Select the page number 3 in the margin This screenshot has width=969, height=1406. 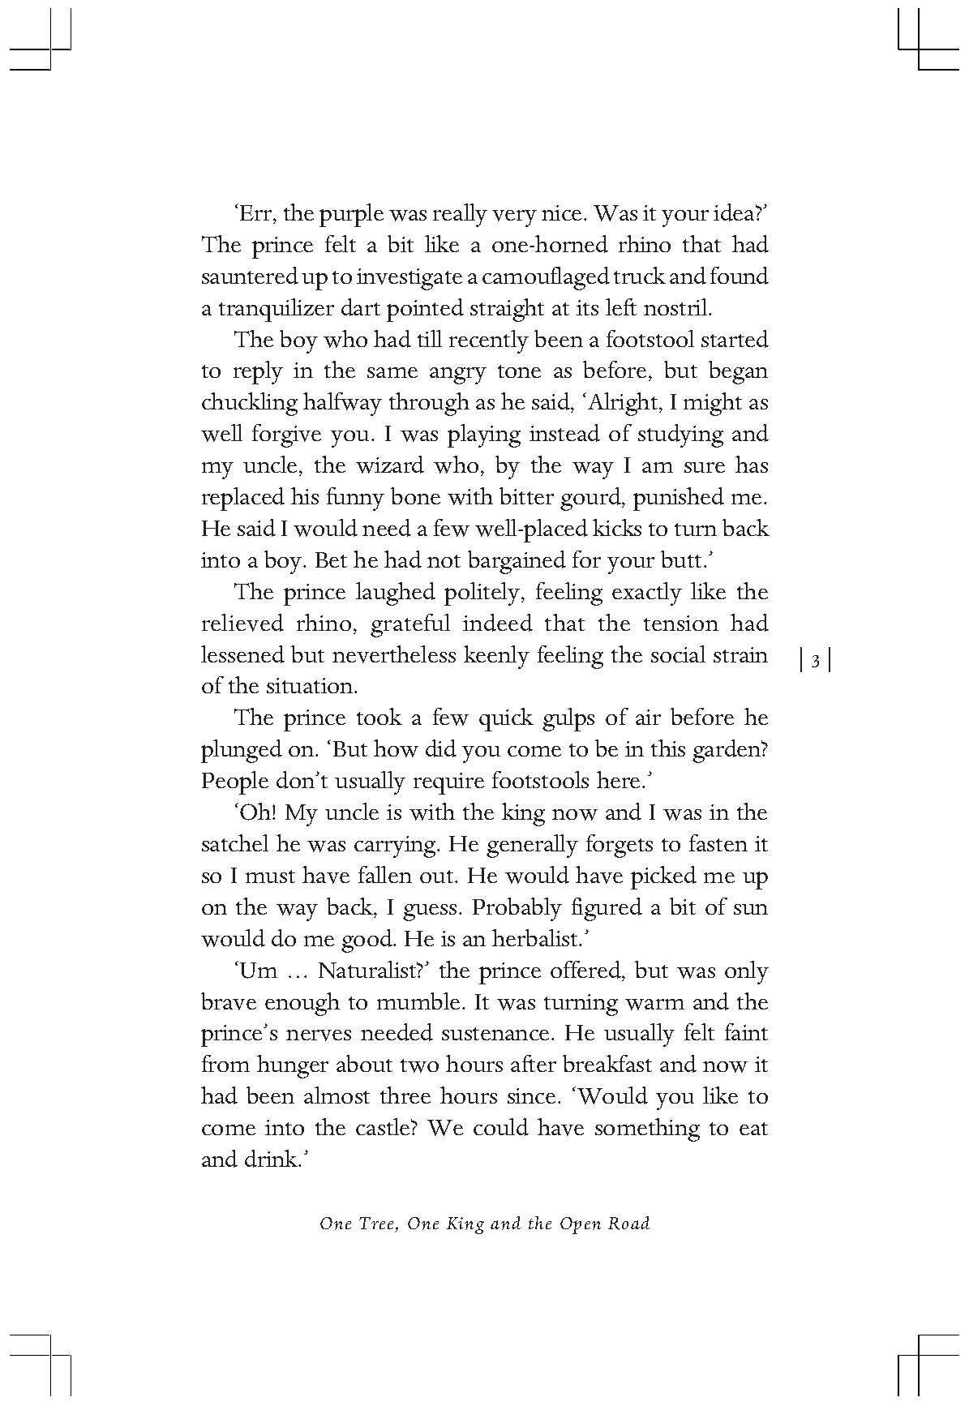pyautogui.click(x=816, y=662)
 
